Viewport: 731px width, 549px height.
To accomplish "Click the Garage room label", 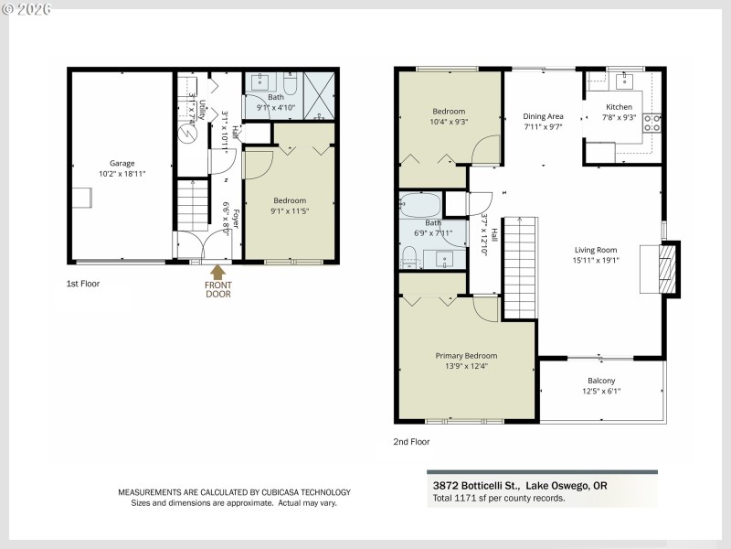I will click(122, 164).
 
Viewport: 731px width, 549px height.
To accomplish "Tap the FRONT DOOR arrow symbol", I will click(218, 271).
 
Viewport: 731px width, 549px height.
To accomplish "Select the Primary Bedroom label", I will click(466, 356).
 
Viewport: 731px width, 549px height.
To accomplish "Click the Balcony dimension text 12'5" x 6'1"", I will click(601, 391).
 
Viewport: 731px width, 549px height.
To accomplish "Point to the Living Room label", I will click(596, 250).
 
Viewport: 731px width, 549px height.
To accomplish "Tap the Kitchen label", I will click(619, 107).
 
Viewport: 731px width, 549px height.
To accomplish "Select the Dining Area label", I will click(543, 116).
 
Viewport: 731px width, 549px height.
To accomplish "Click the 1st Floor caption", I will click(83, 284).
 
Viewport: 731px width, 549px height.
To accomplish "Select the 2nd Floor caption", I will click(410, 441).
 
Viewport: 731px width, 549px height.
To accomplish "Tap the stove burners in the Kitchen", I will click(652, 123).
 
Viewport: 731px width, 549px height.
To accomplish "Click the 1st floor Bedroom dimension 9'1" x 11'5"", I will click(290, 211).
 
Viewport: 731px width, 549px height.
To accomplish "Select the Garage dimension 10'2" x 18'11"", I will click(122, 174).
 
